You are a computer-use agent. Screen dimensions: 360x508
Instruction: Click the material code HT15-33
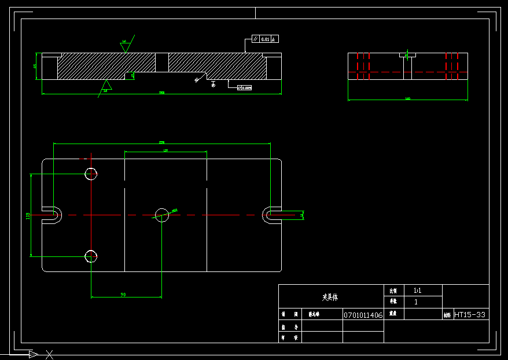point(470,315)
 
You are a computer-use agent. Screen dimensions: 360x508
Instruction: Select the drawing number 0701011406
point(363,315)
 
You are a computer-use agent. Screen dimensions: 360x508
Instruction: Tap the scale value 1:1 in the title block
point(417,291)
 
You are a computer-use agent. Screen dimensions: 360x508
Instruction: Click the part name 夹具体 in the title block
point(330,297)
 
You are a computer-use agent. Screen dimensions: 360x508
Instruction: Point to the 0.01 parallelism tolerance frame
point(266,39)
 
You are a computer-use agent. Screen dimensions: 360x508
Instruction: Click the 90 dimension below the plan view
point(123,295)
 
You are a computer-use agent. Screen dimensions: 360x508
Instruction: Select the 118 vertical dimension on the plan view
point(28,216)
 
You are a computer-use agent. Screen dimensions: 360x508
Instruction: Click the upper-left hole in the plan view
point(91,174)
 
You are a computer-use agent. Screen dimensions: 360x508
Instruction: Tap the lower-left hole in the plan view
point(91,256)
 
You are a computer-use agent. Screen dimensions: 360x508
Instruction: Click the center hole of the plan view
point(161,215)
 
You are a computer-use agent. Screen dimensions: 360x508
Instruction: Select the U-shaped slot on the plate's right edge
point(271,215)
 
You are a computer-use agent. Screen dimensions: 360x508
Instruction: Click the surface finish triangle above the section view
point(124,47)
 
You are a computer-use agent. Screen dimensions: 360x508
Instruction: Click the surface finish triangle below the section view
point(106,85)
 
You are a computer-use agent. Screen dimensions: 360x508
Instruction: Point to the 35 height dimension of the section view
point(35,66)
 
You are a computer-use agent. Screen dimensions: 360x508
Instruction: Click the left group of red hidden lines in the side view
point(363,66)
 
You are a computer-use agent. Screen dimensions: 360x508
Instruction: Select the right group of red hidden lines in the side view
point(452,66)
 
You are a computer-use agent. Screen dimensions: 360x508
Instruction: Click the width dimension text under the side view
point(408,98)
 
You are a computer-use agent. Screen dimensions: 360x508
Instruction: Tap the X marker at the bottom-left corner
point(50,354)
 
